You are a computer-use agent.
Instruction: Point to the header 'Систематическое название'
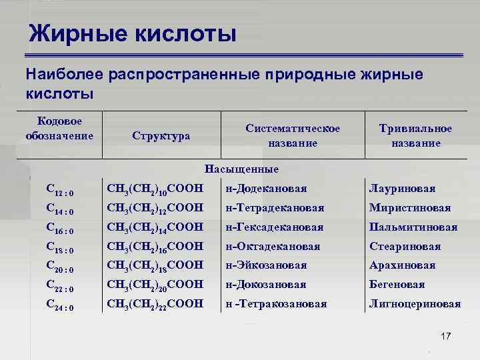[x=292, y=135]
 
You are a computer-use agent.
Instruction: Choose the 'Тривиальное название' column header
[x=415, y=135]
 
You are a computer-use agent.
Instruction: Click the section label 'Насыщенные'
[x=242, y=169]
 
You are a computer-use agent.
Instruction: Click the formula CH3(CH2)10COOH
[x=155, y=189]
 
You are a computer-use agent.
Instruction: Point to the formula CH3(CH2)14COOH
[x=155, y=227]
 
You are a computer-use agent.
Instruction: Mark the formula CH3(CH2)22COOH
[x=155, y=304]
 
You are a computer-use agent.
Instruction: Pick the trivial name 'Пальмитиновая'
[x=413, y=227]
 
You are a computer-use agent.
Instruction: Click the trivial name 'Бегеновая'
[x=397, y=285]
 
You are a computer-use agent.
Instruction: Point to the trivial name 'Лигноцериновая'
[x=415, y=304]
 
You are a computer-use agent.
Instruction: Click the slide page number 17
[x=445, y=335]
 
